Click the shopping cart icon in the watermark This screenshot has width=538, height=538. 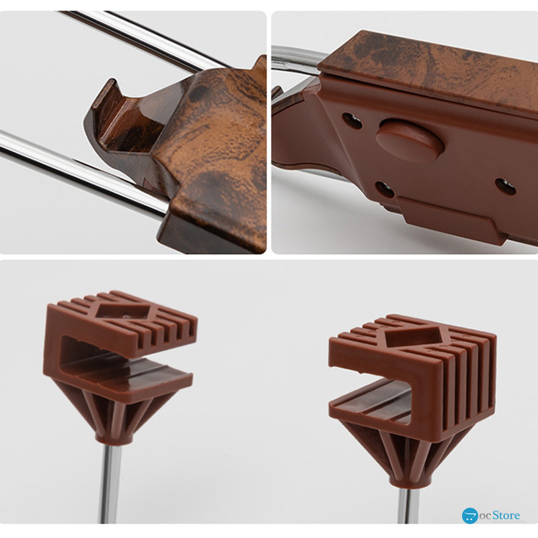click(x=469, y=516)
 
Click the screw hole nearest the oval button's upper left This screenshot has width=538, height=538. click(x=352, y=121)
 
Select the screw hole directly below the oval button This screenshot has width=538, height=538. click(x=384, y=189)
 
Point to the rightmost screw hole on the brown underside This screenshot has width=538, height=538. click(x=506, y=188)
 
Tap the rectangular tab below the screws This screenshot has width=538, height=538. click(x=451, y=220)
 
